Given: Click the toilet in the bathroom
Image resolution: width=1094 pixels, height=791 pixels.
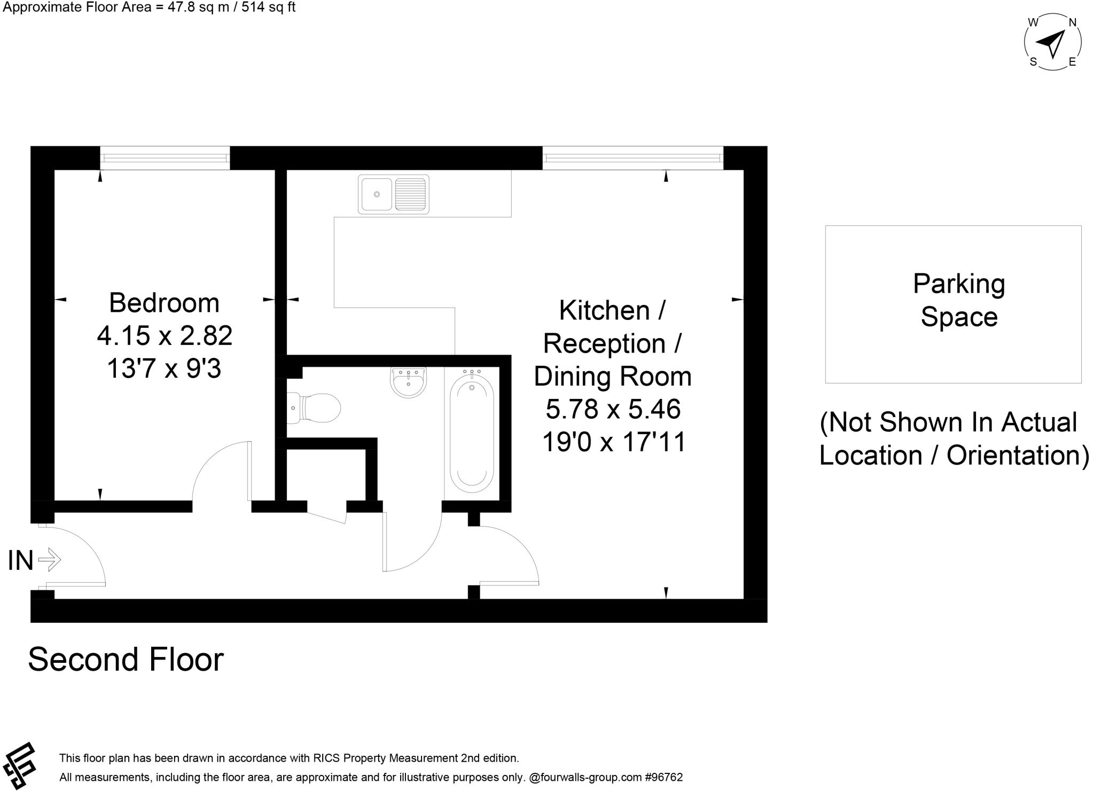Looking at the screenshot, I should click(315, 408).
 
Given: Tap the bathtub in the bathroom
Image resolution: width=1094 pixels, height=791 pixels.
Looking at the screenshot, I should click(472, 434).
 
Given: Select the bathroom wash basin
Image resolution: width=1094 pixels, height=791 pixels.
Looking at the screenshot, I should click(409, 383).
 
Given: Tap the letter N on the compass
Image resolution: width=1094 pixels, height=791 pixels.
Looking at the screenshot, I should click(1072, 22).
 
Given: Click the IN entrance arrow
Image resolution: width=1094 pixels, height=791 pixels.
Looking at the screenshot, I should click(50, 560).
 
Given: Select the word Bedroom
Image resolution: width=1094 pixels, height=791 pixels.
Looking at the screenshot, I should click(164, 303).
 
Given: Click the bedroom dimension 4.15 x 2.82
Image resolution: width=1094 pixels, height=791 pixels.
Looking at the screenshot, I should click(165, 336).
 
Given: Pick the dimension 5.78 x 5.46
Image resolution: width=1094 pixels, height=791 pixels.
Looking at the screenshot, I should click(613, 410).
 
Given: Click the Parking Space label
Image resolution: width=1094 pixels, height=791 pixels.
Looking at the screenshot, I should click(958, 300).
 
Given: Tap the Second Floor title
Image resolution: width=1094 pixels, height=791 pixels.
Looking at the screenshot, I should click(126, 660).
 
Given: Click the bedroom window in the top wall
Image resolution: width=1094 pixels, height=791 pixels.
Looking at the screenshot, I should click(165, 158).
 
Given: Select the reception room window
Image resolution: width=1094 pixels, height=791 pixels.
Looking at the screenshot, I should click(632, 158).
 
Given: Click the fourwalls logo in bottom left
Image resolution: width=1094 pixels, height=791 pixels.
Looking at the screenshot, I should click(19, 765).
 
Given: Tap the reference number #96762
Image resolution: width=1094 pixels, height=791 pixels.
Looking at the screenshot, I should click(664, 778).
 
